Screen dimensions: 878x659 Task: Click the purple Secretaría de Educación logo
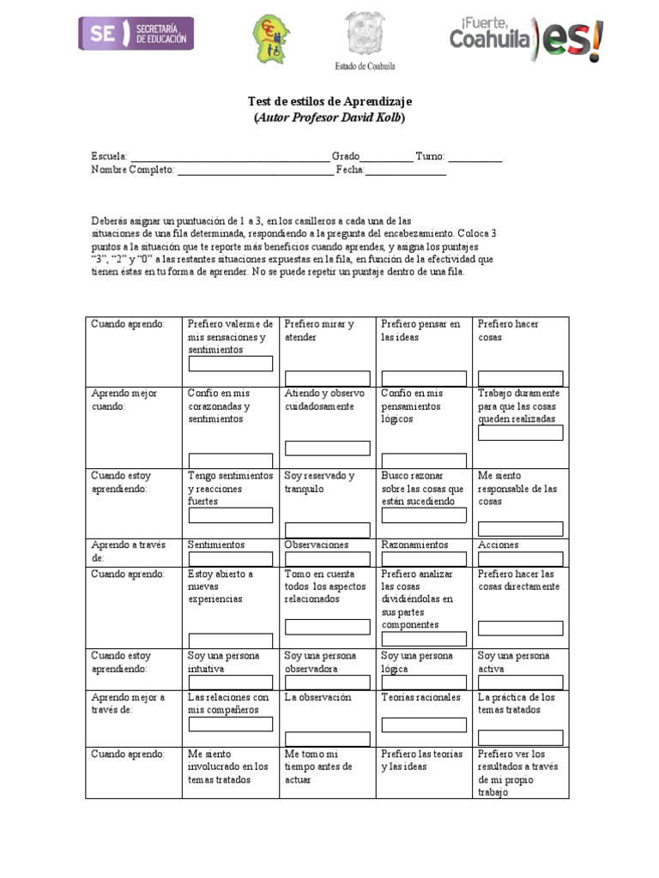click(x=137, y=33)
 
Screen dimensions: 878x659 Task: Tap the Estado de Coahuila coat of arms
click(x=365, y=35)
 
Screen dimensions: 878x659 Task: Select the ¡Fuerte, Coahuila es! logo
click(x=525, y=39)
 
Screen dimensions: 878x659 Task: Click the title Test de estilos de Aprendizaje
click(x=329, y=102)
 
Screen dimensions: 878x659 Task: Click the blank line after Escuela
click(x=229, y=157)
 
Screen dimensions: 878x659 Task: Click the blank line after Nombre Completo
click(x=255, y=170)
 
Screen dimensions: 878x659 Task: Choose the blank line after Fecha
click(x=406, y=170)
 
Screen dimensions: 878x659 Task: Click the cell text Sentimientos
click(x=216, y=544)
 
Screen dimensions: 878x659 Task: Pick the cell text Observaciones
click(x=317, y=544)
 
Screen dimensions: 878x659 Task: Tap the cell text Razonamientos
click(x=414, y=544)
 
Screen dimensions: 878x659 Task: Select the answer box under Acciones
click(x=520, y=559)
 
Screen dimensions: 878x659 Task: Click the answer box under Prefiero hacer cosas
click(x=520, y=378)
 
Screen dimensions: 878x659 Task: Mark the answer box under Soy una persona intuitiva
click(x=231, y=683)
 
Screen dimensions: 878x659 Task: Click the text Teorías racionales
click(x=421, y=697)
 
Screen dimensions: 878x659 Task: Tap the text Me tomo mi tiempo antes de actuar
click(x=317, y=767)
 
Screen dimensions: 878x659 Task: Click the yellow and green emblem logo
click(x=270, y=38)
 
